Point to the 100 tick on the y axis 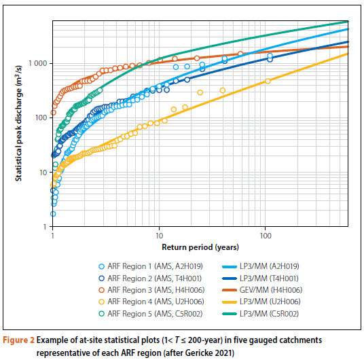40,118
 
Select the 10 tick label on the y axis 43,173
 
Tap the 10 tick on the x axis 159,235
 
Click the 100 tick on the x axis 265,235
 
